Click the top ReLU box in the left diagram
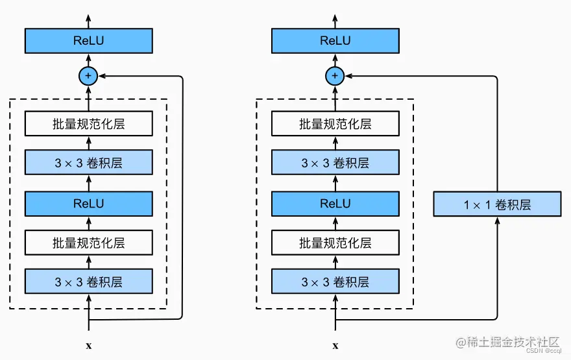tap(88, 41)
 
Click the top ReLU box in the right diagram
tap(335, 41)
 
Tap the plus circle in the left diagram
tap(88, 77)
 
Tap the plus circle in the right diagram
tap(335, 77)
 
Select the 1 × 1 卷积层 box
tap(497, 204)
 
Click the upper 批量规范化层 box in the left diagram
tap(88, 123)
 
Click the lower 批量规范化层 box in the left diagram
tap(88, 243)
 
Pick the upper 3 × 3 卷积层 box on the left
tap(88, 163)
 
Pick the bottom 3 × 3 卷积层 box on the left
tap(88, 282)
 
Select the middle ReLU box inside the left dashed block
tap(88, 203)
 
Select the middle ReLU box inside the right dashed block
tap(335, 203)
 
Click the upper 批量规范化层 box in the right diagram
tap(335, 123)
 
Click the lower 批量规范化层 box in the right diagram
tap(335, 243)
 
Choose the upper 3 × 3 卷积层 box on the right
tap(335, 163)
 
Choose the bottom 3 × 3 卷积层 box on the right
tap(335, 282)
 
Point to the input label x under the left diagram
tap(88, 346)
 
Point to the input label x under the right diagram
tap(335, 346)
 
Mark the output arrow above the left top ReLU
tap(88, 18)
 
